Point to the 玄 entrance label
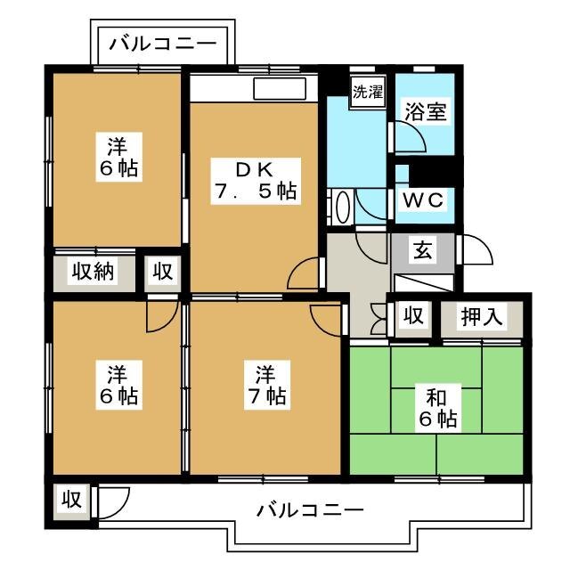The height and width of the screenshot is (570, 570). point(421,252)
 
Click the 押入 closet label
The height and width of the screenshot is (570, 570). point(481,315)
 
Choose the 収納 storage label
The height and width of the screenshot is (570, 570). point(94,272)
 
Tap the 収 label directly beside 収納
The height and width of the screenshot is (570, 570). point(161,272)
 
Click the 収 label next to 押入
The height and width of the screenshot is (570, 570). point(413,315)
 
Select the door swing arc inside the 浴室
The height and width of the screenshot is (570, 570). point(411,139)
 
